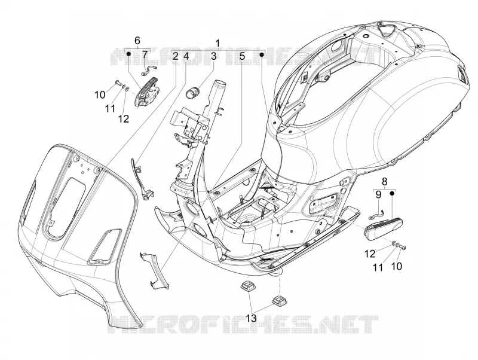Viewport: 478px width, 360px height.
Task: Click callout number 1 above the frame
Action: pyautogui.click(x=217, y=43)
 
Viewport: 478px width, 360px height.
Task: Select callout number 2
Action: pyautogui.click(x=175, y=56)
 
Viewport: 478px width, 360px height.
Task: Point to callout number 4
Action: pyautogui.click(x=186, y=56)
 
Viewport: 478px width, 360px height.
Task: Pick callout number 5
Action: pyautogui.click(x=242, y=56)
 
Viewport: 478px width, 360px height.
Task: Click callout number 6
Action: pyautogui.click(x=137, y=40)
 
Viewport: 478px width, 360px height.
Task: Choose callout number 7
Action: pyautogui.click(x=145, y=55)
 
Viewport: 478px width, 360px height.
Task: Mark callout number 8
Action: pyautogui.click(x=384, y=181)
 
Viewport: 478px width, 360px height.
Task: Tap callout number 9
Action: pyautogui.click(x=378, y=194)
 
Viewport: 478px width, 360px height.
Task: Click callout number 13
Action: pyautogui.click(x=252, y=318)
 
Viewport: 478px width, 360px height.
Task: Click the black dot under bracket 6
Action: pyautogui.click(x=128, y=54)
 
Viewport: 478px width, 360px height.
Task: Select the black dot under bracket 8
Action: pyautogui.click(x=393, y=193)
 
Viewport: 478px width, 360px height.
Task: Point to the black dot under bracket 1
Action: pyautogui.click(x=262, y=54)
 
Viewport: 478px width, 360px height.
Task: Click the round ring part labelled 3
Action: pyautogui.click(x=192, y=91)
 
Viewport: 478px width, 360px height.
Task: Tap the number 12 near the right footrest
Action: pyautogui.click(x=370, y=253)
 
